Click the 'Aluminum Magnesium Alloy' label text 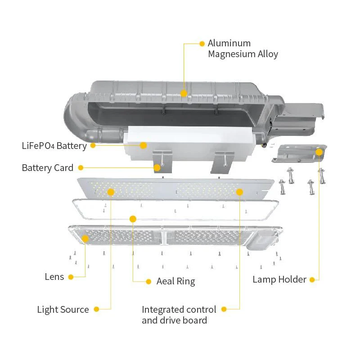243,49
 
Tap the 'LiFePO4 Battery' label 54,146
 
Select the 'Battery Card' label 47,168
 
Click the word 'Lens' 54,277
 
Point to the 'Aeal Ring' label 175,282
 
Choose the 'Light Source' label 63,310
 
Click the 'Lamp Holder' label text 279,279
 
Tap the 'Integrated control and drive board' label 179,315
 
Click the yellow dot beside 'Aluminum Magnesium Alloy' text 202,44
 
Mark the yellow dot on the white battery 143,145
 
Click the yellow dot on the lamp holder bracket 319,152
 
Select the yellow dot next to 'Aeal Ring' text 148,282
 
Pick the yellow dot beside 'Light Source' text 96,309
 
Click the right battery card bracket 223,162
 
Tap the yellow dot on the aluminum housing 184,93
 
